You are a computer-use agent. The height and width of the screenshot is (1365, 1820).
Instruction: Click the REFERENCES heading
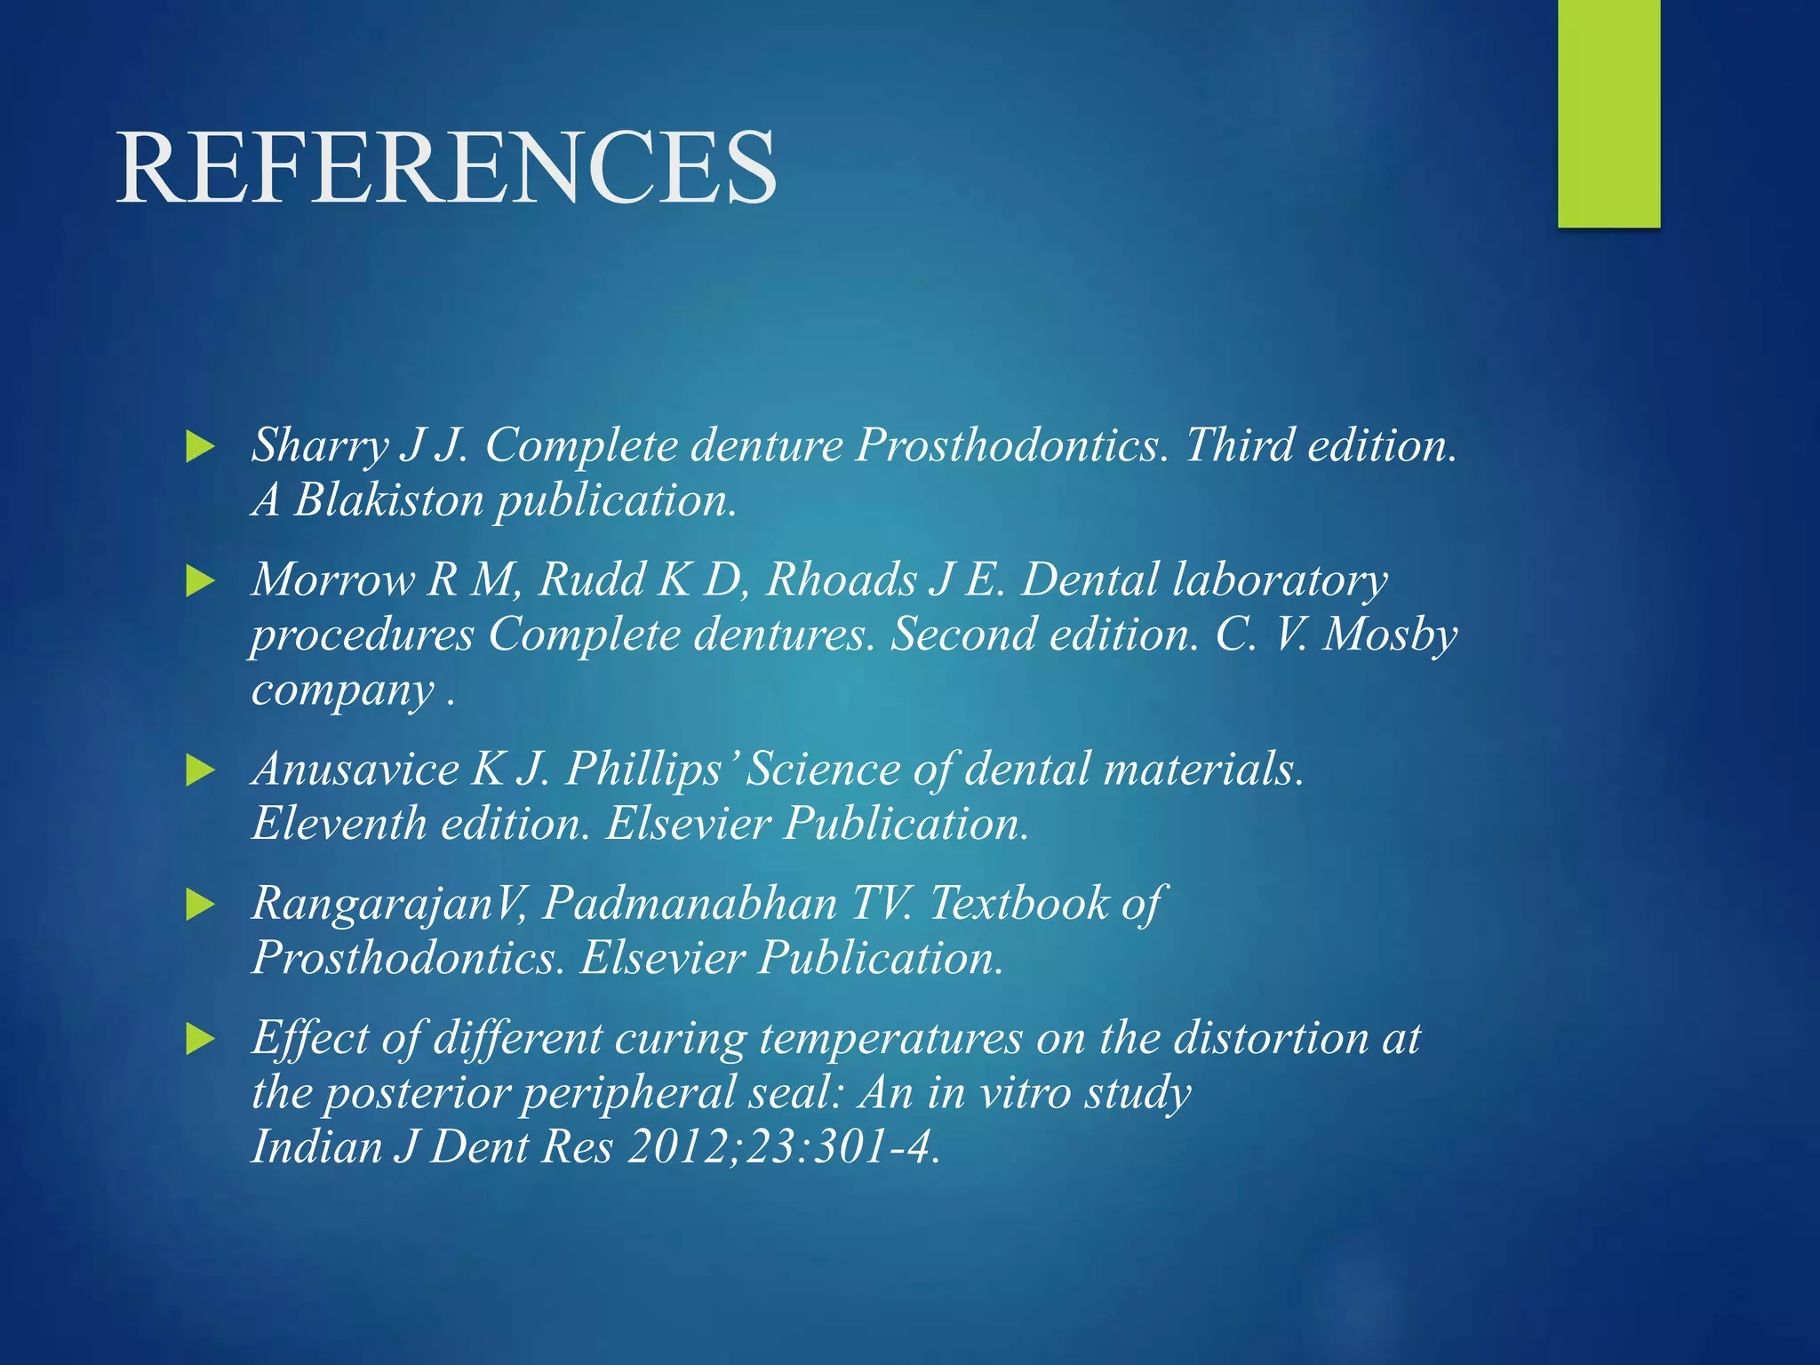[x=447, y=168]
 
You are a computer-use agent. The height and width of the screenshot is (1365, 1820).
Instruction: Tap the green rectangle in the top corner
[x=1608, y=113]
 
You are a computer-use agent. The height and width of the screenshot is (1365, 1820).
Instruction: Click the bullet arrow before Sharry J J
[x=201, y=447]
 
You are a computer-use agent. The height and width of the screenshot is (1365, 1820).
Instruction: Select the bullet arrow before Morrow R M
[x=201, y=582]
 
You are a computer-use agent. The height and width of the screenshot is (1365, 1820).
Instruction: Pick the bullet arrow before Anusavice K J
[x=201, y=770]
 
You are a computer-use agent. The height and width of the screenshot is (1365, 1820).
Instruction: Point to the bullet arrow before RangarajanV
[x=201, y=906]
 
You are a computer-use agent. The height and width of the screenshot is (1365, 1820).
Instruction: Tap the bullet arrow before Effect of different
[x=201, y=1039]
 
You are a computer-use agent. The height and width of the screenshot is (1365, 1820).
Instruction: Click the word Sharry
[x=320, y=445]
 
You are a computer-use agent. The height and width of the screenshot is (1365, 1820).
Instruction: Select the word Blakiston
[x=388, y=500]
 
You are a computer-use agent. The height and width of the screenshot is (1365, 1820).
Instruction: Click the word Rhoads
[x=841, y=580]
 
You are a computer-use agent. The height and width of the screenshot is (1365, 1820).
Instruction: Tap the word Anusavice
[x=355, y=769]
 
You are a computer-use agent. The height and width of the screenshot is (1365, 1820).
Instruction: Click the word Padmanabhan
[x=690, y=904]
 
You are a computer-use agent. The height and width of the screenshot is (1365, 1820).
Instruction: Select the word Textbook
[x=1018, y=904]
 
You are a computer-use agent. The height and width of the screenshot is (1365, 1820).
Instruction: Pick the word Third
[x=1239, y=445]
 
